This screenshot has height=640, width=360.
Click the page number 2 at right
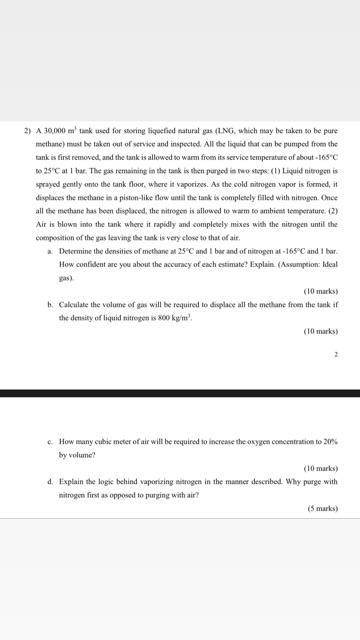336,354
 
